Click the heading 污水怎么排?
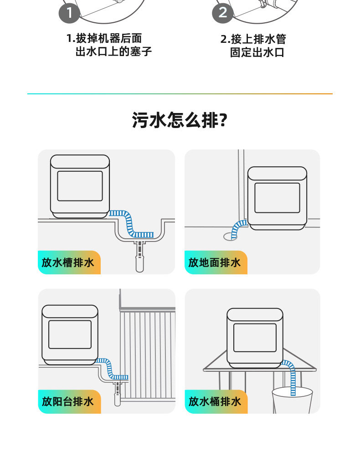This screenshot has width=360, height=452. pyautogui.click(x=180, y=120)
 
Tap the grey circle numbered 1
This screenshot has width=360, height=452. pyautogui.click(x=69, y=13)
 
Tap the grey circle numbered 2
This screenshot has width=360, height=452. pyautogui.click(x=222, y=13)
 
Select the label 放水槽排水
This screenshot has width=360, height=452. pyautogui.click(x=68, y=262)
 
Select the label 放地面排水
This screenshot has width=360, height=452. pyautogui.click(x=214, y=262)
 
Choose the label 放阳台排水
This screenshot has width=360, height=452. pyautogui.click(x=68, y=401)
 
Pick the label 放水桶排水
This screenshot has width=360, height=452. pyautogui.click(x=215, y=401)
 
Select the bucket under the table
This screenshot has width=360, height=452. pyautogui.click(x=292, y=401)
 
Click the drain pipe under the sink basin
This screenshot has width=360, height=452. pyautogui.click(x=139, y=257)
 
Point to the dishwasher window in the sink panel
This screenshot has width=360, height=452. pyautogui.click(x=80, y=186)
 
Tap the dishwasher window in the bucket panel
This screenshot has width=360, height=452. pyautogui.click(x=255, y=338)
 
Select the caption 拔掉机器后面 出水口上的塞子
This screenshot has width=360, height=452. pyautogui.click(x=109, y=45)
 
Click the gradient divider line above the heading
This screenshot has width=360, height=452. pyautogui.click(x=180, y=94)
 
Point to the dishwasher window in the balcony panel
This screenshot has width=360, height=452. pyautogui.click(x=70, y=334)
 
